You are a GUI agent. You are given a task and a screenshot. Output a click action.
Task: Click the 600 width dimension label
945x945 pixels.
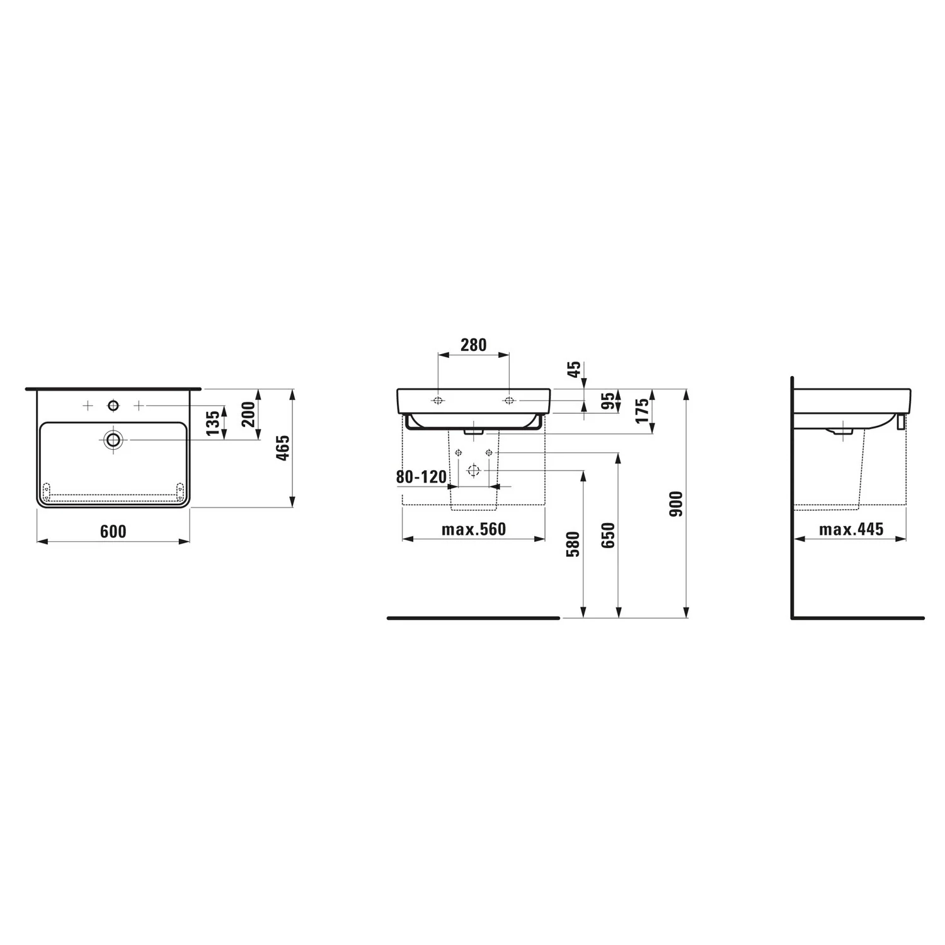(x=113, y=532)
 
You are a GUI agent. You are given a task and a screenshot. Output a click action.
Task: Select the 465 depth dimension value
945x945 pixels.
(x=283, y=447)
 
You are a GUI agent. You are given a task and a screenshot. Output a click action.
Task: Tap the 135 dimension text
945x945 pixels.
(x=213, y=422)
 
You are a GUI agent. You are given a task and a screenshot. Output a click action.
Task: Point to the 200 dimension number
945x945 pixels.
(x=249, y=414)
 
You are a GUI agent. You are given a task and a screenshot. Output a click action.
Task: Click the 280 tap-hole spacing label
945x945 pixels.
(x=473, y=345)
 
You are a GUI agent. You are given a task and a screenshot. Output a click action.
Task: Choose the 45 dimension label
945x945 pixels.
(x=574, y=369)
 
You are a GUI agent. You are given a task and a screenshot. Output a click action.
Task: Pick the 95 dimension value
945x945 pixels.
(x=607, y=401)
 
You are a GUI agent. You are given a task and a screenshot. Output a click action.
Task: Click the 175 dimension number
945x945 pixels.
(x=643, y=411)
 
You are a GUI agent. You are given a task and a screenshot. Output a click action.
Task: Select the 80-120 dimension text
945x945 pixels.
(x=421, y=477)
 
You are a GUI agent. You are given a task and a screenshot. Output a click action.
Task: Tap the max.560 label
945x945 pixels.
(x=474, y=529)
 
